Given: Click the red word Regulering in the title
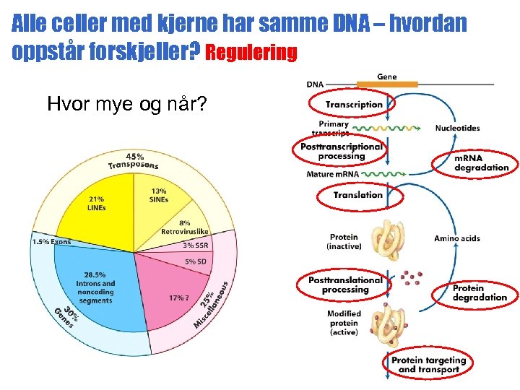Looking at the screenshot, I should [251, 53].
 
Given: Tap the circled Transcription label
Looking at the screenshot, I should [354, 105].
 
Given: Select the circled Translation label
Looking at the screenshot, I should [358, 195].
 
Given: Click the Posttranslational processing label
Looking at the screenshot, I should [345, 285].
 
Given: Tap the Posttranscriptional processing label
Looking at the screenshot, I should [342, 151].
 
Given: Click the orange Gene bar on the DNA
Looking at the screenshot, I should [387, 84].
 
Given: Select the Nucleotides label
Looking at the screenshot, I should [457, 129].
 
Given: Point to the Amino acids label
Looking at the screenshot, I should [456, 238].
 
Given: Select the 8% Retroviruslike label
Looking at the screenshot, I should [185, 227].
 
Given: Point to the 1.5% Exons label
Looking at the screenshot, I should [51, 241].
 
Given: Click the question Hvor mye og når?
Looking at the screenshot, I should [126, 105].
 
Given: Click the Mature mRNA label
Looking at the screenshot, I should [333, 174].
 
